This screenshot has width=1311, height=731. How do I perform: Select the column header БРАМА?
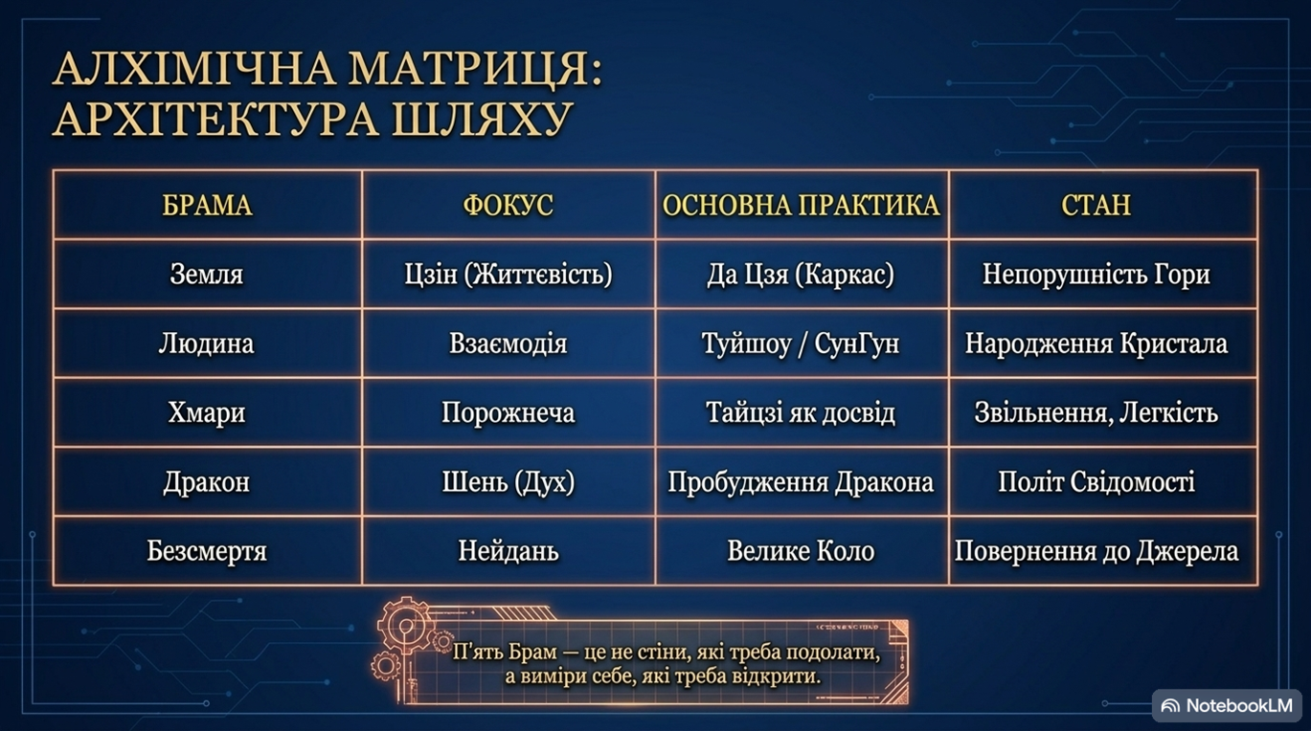(x=207, y=205)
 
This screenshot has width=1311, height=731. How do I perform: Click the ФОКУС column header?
(x=508, y=205)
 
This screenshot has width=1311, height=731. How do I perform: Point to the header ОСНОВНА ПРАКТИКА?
(x=801, y=205)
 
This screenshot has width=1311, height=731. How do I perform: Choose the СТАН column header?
(x=1096, y=205)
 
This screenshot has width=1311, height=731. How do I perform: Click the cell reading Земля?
(x=207, y=274)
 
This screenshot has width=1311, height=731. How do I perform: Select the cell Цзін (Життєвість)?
(x=508, y=274)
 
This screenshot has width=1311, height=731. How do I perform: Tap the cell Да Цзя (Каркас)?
(x=801, y=274)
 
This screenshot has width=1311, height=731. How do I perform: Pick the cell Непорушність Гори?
(x=1096, y=274)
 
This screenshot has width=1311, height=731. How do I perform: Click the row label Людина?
(x=207, y=343)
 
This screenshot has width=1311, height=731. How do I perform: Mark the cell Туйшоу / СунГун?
(x=801, y=343)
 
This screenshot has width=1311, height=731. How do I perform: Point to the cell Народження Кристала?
(x=1096, y=343)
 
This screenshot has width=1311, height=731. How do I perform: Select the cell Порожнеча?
(x=508, y=412)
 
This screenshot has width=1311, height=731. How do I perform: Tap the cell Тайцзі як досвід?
(x=801, y=412)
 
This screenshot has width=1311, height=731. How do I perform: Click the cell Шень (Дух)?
(x=508, y=481)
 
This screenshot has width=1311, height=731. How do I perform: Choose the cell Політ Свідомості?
(x=1096, y=481)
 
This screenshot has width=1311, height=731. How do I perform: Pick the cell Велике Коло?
(x=801, y=551)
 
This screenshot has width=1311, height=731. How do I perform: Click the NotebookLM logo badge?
(x=1228, y=705)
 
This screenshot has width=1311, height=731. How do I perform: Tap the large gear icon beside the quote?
(x=406, y=626)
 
